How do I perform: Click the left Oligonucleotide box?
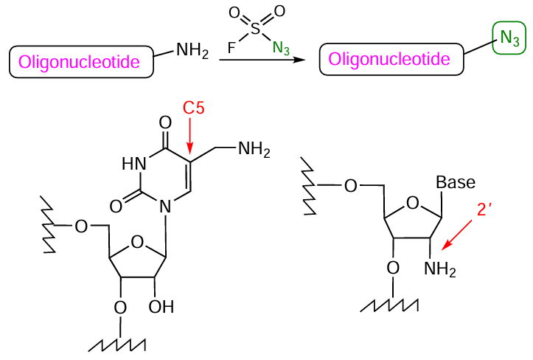click(x=80, y=62)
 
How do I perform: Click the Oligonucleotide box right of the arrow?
click(x=391, y=58)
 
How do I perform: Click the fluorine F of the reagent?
click(x=231, y=48)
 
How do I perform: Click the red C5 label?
click(x=193, y=108)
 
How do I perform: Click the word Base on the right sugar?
click(x=456, y=182)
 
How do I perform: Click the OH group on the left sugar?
click(x=161, y=305)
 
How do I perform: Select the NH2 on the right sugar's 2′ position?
click(x=440, y=271)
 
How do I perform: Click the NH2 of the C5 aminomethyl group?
click(x=254, y=150)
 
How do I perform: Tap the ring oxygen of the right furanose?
click(x=413, y=203)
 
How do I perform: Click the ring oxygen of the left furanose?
click(x=136, y=240)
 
